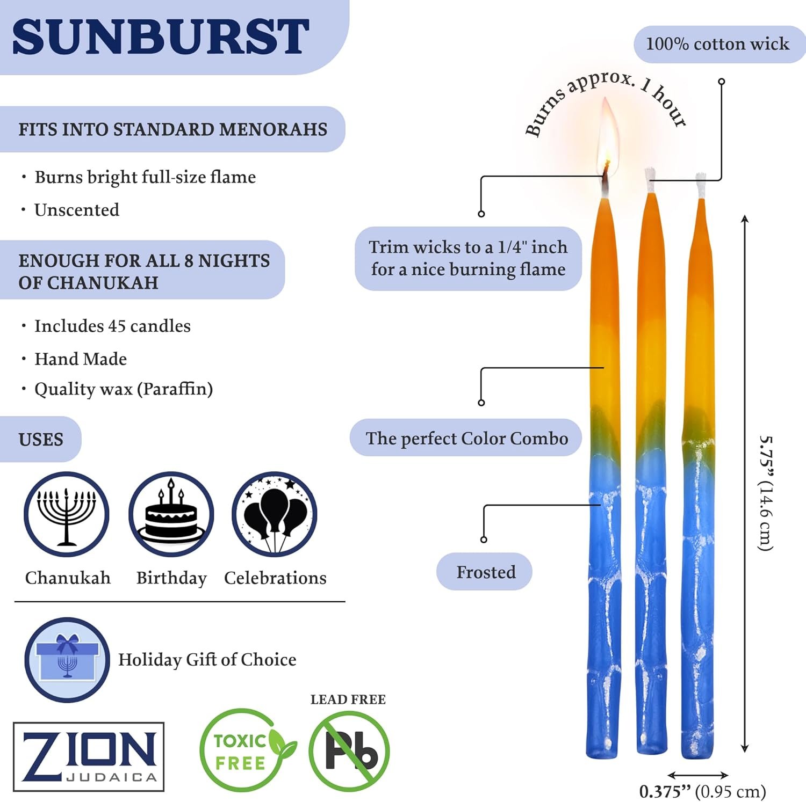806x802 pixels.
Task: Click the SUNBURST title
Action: click(x=160, y=36)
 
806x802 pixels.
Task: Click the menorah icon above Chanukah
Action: click(x=67, y=514)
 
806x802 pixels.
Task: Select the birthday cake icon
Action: click(x=171, y=514)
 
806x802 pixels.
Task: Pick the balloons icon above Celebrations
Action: click(x=275, y=514)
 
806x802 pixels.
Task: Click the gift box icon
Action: click(x=67, y=660)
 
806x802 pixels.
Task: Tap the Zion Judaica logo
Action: click(x=89, y=756)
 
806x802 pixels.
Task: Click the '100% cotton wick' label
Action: click(x=717, y=44)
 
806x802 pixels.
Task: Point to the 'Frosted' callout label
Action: click(x=486, y=572)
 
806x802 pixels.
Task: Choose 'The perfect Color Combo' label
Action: click(x=466, y=438)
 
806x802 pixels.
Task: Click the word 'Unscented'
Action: click(x=77, y=210)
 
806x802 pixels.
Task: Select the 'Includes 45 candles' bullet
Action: click(x=112, y=326)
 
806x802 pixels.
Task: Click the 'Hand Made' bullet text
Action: click(x=81, y=359)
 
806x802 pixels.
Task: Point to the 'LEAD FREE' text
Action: click(x=348, y=699)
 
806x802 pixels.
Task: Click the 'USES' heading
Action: click(x=41, y=440)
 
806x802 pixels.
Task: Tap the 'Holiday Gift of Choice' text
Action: click(x=207, y=659)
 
